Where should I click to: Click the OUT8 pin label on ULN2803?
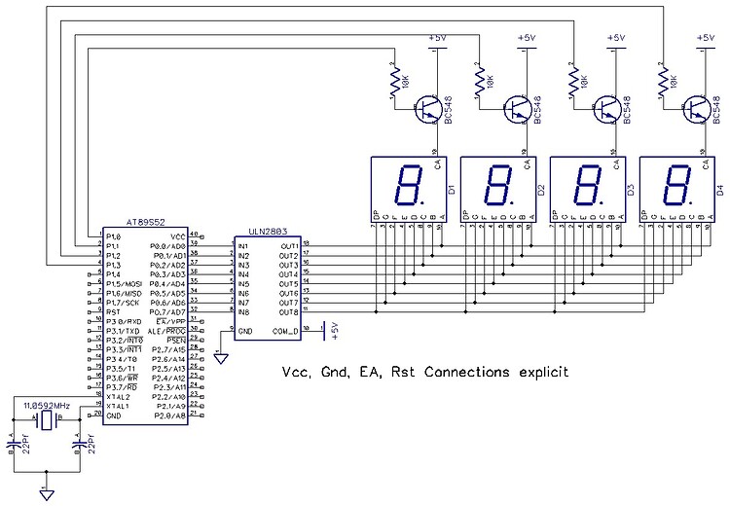pos(289,312)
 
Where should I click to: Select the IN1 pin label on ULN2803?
pos(244,245)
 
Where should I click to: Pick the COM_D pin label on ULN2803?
pos(285,331)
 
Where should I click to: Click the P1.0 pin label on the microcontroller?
pos(114,236)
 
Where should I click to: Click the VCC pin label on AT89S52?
pos(177,236)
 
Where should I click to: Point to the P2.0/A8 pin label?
pos(170,416)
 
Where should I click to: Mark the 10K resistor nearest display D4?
pos(666,79)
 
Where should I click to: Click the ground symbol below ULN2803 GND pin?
pos(221,358)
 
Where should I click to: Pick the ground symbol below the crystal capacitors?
pos(45,493)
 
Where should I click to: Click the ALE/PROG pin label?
pos(168,331)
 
